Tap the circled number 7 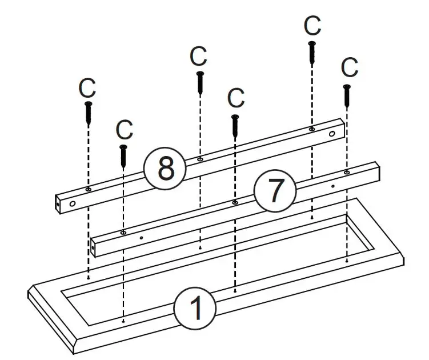(275, 191)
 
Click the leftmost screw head (89, 105)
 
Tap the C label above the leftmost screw (87, 89)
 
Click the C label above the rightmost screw (349, 67)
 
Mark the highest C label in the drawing (312, 26)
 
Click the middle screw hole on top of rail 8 (199, 158)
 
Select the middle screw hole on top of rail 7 (235, 202)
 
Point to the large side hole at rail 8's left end (73, 203)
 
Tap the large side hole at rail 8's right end (331, 134)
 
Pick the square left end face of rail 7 (94, 248)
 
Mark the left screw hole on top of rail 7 (123, 233)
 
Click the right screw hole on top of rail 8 (311, 129)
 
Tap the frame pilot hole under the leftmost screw (89, 278)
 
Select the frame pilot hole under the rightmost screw (347, 260)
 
